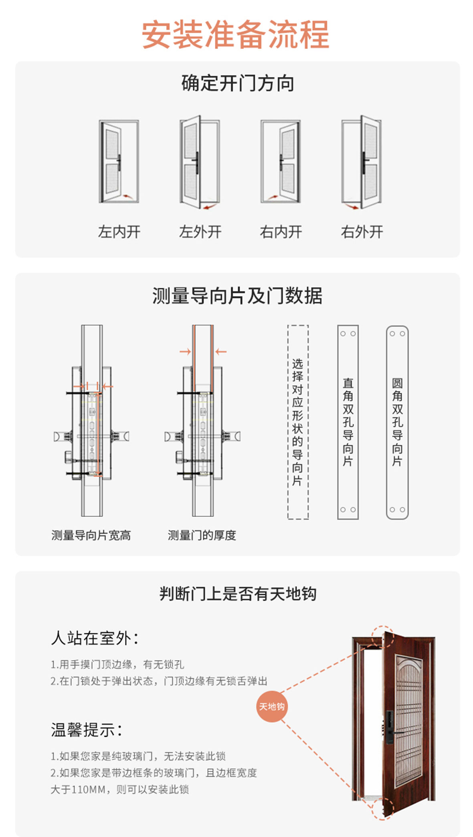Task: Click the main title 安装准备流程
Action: pyautogui.click(x=236, y=35)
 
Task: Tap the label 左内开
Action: pyautogui.click(x=119, y=232)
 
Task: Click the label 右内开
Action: pyautogui.click(x=281, y=232)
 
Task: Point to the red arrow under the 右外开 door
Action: pyautogui.click(x=352, y=207)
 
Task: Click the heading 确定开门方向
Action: pyautogui.click(x=237, y=83)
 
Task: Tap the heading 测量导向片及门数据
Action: pyautogui.click(x=237, y=296)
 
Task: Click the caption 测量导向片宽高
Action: pyautogui.click(x=91, y=535)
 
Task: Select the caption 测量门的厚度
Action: pyautogui.click(x=202, y=535)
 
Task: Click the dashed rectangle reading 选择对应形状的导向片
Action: pyautogui.click(x=297, y=422)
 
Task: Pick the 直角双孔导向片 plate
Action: pyautogui.click(x=348, y=422)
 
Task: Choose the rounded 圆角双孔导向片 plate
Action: pyautogui.click(x=397, y=422)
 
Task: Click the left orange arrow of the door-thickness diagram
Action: pyautogui.click(x=185, y=352)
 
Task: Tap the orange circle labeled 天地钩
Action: pyautogui.click(x=272, y=706)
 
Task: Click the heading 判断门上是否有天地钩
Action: pyautogui.click(x=237, y=594)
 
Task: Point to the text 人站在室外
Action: pyautogui.click(x=95, y=638)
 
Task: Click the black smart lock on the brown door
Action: pyautogui.click(x=389, y=727)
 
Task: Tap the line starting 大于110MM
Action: pyautogui.click(x=119, y=789)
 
